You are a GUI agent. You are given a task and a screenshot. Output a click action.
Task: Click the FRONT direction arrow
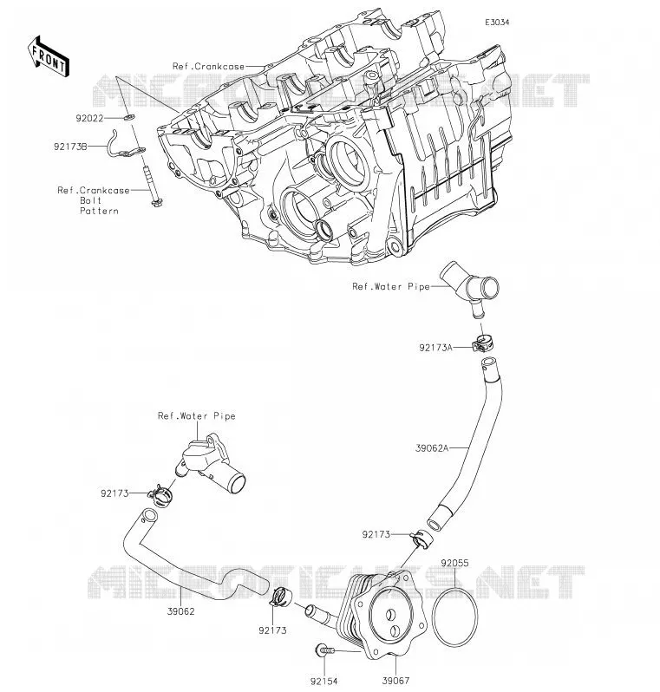pos(48,56)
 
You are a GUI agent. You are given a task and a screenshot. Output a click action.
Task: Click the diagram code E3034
pos(497,22)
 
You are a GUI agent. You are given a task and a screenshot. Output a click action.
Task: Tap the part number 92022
pos(89,118)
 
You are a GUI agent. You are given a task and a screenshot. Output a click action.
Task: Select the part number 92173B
pos(70,147)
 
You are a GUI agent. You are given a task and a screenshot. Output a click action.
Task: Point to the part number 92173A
pos(435,348)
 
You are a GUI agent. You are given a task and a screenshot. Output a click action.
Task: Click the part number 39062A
pos(432,448)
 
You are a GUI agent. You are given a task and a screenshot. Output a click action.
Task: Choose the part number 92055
pos(454,563)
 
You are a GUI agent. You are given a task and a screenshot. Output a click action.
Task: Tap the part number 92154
pos(324,682)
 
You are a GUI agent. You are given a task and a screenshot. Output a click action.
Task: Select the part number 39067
pos(395,681)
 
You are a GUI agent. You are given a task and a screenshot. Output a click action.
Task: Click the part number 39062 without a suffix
pos(180,611)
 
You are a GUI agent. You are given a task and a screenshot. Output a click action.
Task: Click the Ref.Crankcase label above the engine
pos(208,67)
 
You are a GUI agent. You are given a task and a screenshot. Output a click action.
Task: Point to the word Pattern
pos(99,211)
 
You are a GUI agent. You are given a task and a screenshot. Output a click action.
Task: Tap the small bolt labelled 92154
pos(325,650)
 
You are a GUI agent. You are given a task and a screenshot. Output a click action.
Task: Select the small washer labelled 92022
pos(129,117)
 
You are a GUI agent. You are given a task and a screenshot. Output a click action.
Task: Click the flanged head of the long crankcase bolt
pos(156,203)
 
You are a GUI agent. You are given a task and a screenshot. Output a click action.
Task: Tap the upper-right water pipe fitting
pos(470,286)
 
